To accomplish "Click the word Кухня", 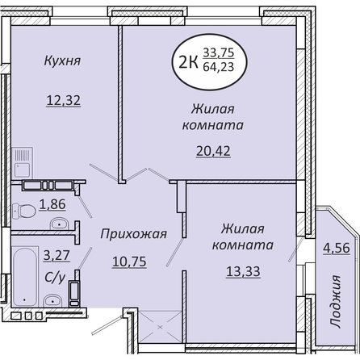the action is pyautogui.click(x=62, y=61).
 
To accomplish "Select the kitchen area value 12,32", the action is pyautogui.click(x=64, y=101).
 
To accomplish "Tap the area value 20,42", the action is pyautogui.click(x=213, y=151).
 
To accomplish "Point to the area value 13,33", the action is pyautogui.click(x=243, y=271).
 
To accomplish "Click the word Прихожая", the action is pyautogui.click(x=133, y=234).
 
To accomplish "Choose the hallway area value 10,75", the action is pyautogui.click(x=129, y=262).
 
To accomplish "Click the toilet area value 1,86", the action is pyautogui.click(x=52, y=204).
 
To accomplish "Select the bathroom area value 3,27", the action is pyautogui.click(x=57, y=255).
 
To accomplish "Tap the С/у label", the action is pyautogui.click(x=55, y=277).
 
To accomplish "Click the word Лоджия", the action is pyautogui.click(x=335, y=301).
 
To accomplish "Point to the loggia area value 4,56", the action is pyautogui.click(x=337, y=248).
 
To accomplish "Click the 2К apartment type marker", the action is pyautogui.click(x=188, y=63).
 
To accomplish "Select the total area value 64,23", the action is pyautogui.click(x=219, y=67).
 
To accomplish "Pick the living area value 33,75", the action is pyautogui.click(x=219, y=52).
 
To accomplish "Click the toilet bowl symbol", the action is pyautogui.click(x=23, y=211).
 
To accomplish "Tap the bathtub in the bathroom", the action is pyautogui.click(x=25, y=277).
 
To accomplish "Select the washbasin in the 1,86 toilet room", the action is pyautogui.click(x=60, y=224).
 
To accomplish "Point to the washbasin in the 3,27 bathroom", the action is pyautogui.click(x=52, y=300).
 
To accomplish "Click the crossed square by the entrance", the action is pyautogui.click(x=161, y=327).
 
